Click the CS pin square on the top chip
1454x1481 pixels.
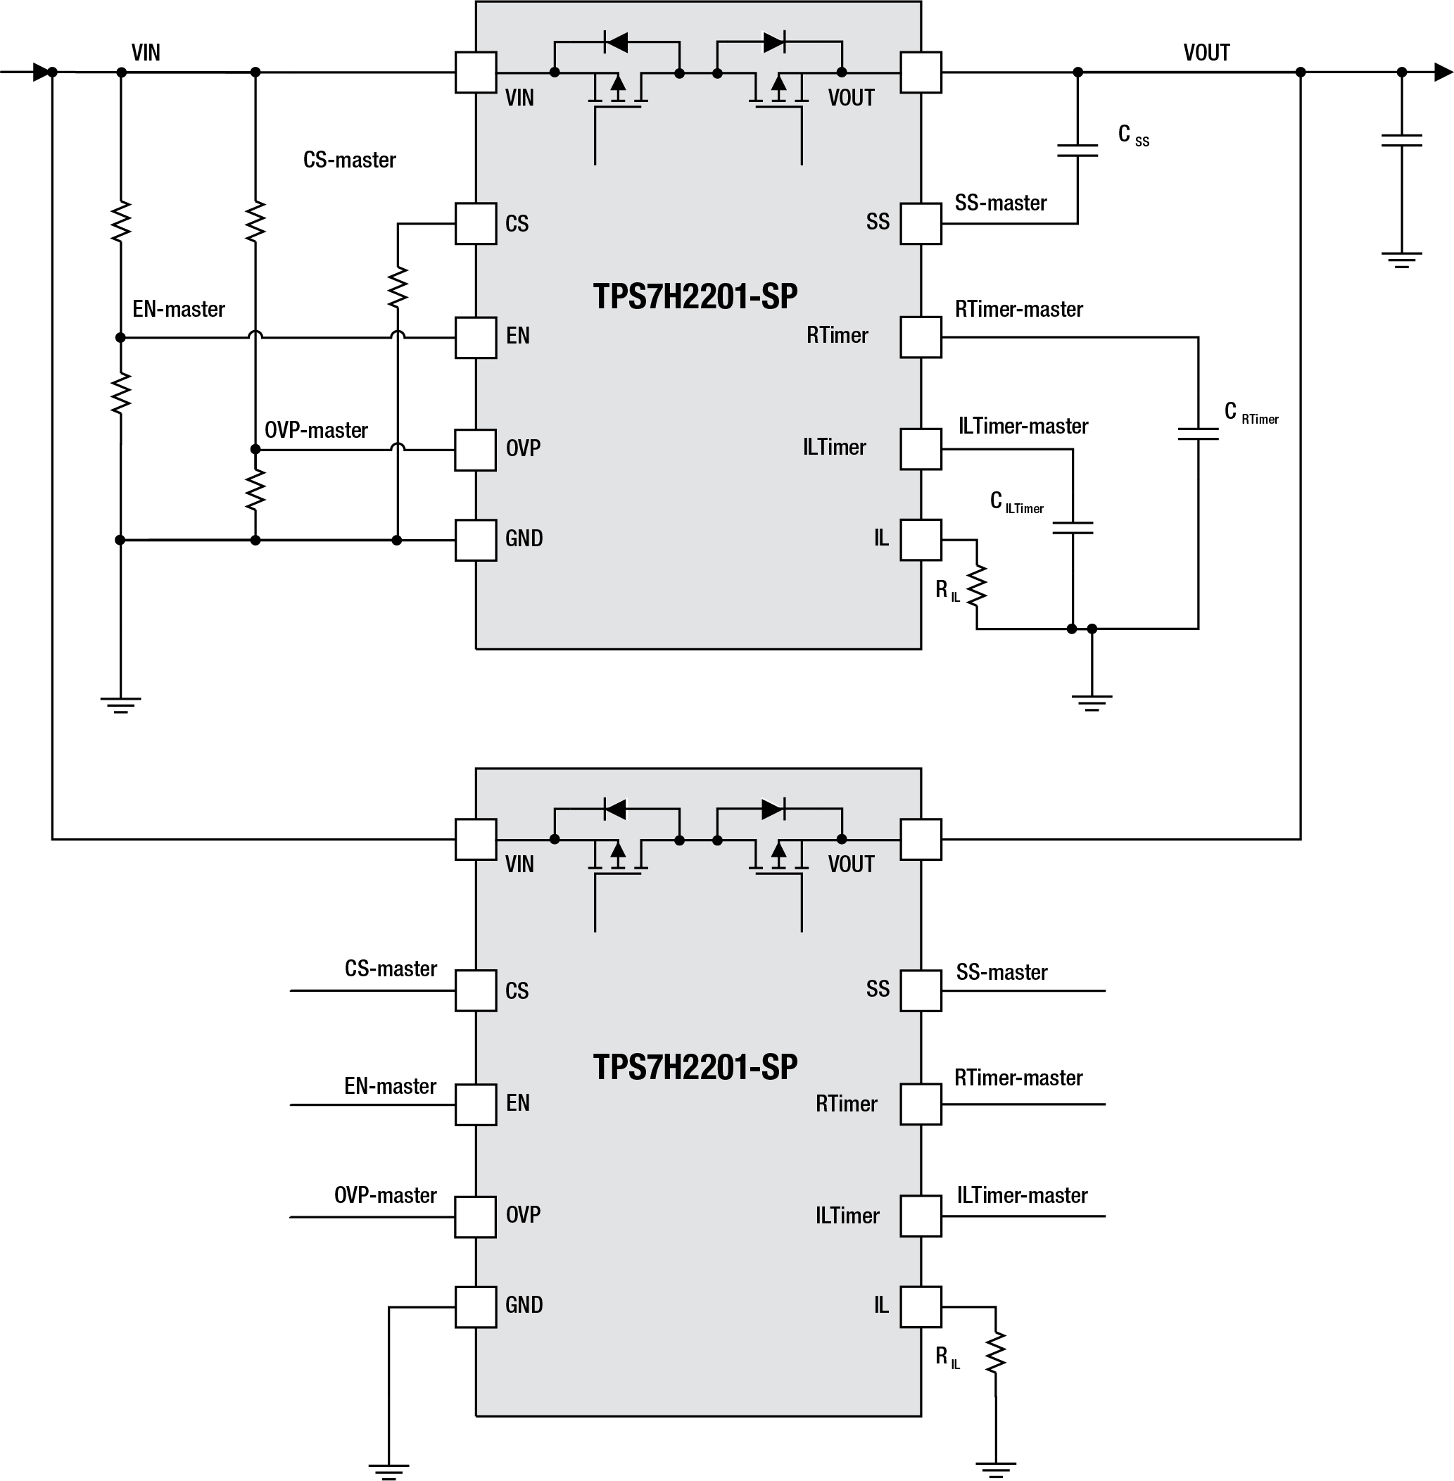[x=476, y=224]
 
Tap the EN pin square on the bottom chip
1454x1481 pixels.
[x=476, y=1104]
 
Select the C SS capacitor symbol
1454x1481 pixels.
[x=1077, y=150]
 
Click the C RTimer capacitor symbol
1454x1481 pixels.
[x=1198, y=434]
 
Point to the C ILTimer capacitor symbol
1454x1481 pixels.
[x=1072, y=528]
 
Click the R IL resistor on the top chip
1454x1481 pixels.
[x=977, y=586]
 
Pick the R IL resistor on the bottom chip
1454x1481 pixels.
[x=996, y=1353]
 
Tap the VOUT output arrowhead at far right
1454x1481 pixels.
[x=1443, y=73]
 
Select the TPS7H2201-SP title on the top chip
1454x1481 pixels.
[x=695, y=296]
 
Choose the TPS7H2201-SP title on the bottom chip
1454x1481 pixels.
[x=695, y=1066]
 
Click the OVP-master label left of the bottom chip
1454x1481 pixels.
[x=385, y=1195]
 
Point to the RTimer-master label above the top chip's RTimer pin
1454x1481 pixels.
[x=1019, y=309]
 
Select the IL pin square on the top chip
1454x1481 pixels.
[x=921, y=540]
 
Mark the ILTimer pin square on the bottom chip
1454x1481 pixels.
[x=921, y=1216]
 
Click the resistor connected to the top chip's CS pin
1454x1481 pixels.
[x=397, y=288]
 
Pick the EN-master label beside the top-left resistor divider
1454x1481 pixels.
[x=179, y=309]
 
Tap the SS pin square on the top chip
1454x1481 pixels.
[x=921, y=224]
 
